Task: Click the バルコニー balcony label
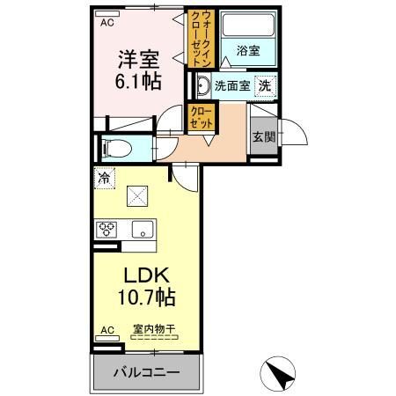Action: [x=146, y=372]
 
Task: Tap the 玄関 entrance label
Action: [x=262, y=136]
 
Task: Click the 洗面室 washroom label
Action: [x=233, y=86]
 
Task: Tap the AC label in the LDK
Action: [x=106, y=330]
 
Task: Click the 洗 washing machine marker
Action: [x=263, y=86]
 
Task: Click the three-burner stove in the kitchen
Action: [x=107, y=231]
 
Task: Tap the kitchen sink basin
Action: [x=142, y=231]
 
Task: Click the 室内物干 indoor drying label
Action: [x=155, y=330]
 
